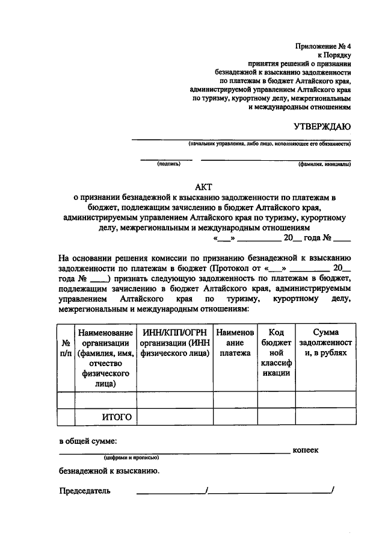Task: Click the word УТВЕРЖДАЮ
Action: (x=322, y=126)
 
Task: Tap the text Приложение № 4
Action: (x=323, y=46)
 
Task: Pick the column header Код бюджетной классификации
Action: (x=276, y=352)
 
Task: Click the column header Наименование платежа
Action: (x=235, y=343)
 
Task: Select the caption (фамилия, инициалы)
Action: (x=324, y=163)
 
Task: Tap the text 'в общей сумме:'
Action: (x=88, y=441)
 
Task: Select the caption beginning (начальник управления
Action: (x=269, y=144)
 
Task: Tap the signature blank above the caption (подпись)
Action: (x=167, y=158)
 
